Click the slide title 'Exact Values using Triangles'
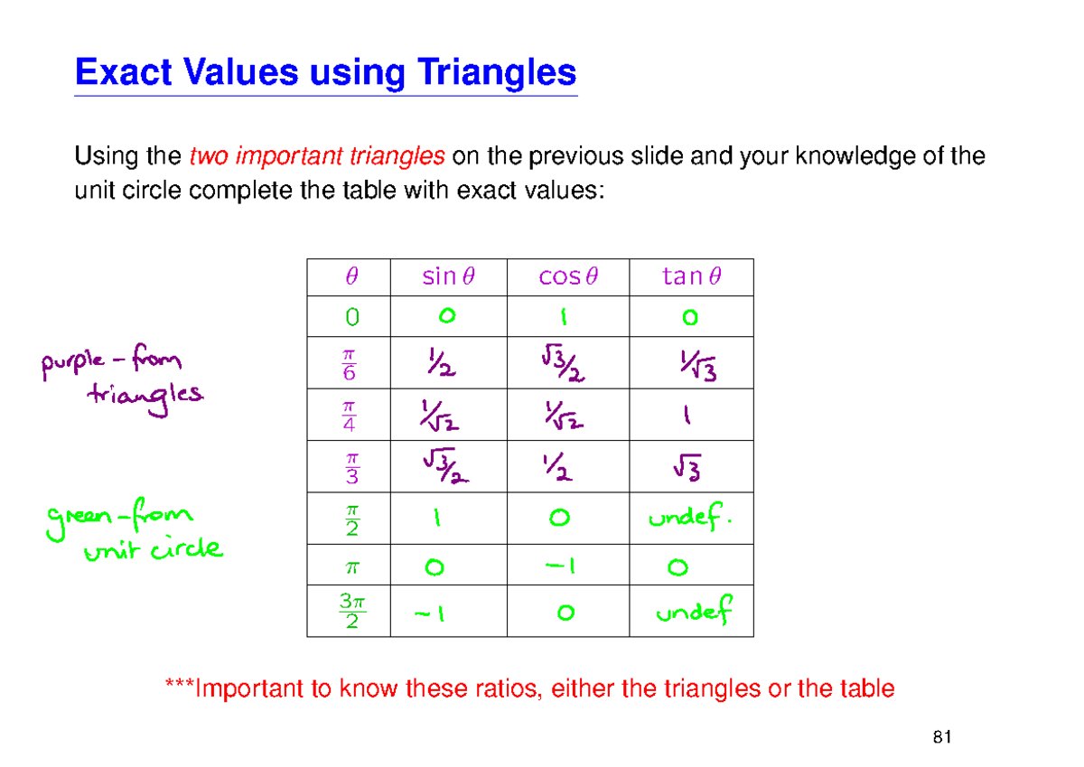pos(325,72)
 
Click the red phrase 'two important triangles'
pos(316,157)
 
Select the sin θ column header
pos(448,276)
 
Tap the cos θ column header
pos(567,276)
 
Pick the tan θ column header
pos(691,276)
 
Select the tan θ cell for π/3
pos(691,467)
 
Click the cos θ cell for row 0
pos(565,317)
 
